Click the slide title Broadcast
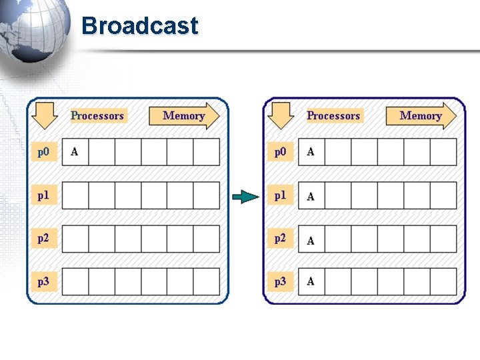139,26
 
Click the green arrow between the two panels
245,196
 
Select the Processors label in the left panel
97,115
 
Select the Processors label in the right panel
333,115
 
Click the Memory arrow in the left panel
183,115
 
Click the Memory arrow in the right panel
421,115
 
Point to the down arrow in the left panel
44,115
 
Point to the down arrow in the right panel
281,115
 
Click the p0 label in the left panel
43,152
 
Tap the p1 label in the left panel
43,195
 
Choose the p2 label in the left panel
43,238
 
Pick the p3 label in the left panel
43,281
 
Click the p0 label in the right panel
280,152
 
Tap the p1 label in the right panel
280,195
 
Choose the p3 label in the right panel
280,281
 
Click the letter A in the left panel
74,152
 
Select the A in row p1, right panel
311,197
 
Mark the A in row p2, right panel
311,240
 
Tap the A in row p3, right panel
311,281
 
